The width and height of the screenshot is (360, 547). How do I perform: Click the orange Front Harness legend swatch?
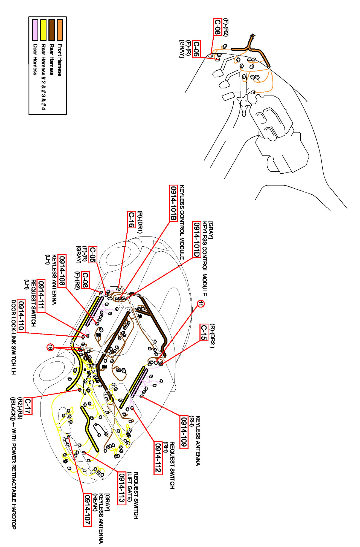pos(60,30)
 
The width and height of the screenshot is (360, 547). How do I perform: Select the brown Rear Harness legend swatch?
pos(52,30)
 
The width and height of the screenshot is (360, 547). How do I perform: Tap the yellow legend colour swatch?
pos(43,30)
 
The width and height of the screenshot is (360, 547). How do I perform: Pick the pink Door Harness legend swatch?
pos(35,30)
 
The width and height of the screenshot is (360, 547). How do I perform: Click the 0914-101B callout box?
pos(173,203)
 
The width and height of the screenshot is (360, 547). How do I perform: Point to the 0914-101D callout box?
pos(197,239)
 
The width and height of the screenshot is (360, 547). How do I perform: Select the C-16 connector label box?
pos(132,219)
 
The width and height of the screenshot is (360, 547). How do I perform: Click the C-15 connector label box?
pos(204,332)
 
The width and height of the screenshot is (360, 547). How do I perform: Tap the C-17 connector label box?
pos(28,405)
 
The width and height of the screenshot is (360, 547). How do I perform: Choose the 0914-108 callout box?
pos(62,270)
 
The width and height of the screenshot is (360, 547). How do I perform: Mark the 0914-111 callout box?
pos(41,295)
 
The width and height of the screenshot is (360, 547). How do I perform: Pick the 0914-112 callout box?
pos(158,458)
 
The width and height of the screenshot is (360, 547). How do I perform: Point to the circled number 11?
pos(201,304)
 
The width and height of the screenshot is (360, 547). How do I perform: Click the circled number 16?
pos(50,347)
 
